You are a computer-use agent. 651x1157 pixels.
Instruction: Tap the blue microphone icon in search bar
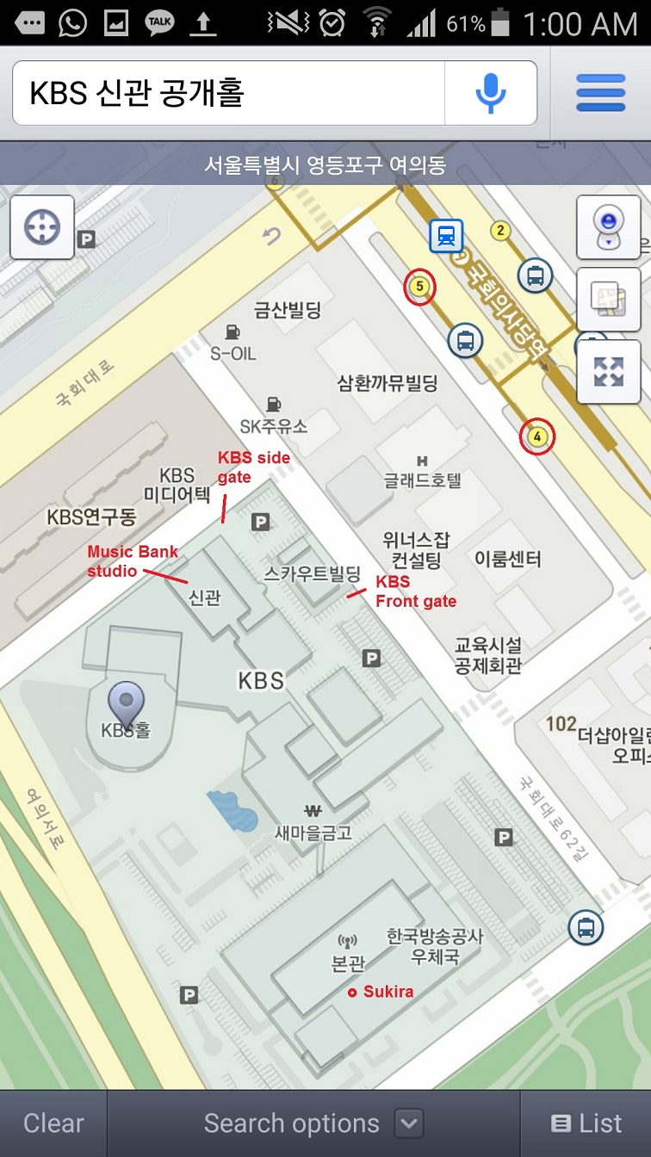coord(491,93)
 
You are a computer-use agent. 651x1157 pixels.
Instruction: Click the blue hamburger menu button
coord(600,93)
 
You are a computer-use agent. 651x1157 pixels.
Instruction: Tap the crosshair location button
coord(42,228)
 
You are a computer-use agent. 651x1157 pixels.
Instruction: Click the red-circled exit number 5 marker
coord(419,287)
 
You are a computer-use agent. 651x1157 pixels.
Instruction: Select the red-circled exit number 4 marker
coord(537,437)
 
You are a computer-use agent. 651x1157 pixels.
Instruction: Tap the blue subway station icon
coord(446,235)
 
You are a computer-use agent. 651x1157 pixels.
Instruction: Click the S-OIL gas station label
coord(232,352)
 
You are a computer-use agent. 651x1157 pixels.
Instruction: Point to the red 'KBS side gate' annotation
coord(253,467)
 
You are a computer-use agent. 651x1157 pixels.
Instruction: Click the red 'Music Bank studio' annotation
coord(122,560)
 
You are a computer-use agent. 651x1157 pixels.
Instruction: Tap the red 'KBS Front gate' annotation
coord(415,591)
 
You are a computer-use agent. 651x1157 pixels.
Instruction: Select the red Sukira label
coord(387,992)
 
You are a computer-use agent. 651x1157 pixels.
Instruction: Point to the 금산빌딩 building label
coord(288,309)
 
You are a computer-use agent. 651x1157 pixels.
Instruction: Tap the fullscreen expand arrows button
coord(608,372)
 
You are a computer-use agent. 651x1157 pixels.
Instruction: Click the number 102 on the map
coord(561,724)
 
